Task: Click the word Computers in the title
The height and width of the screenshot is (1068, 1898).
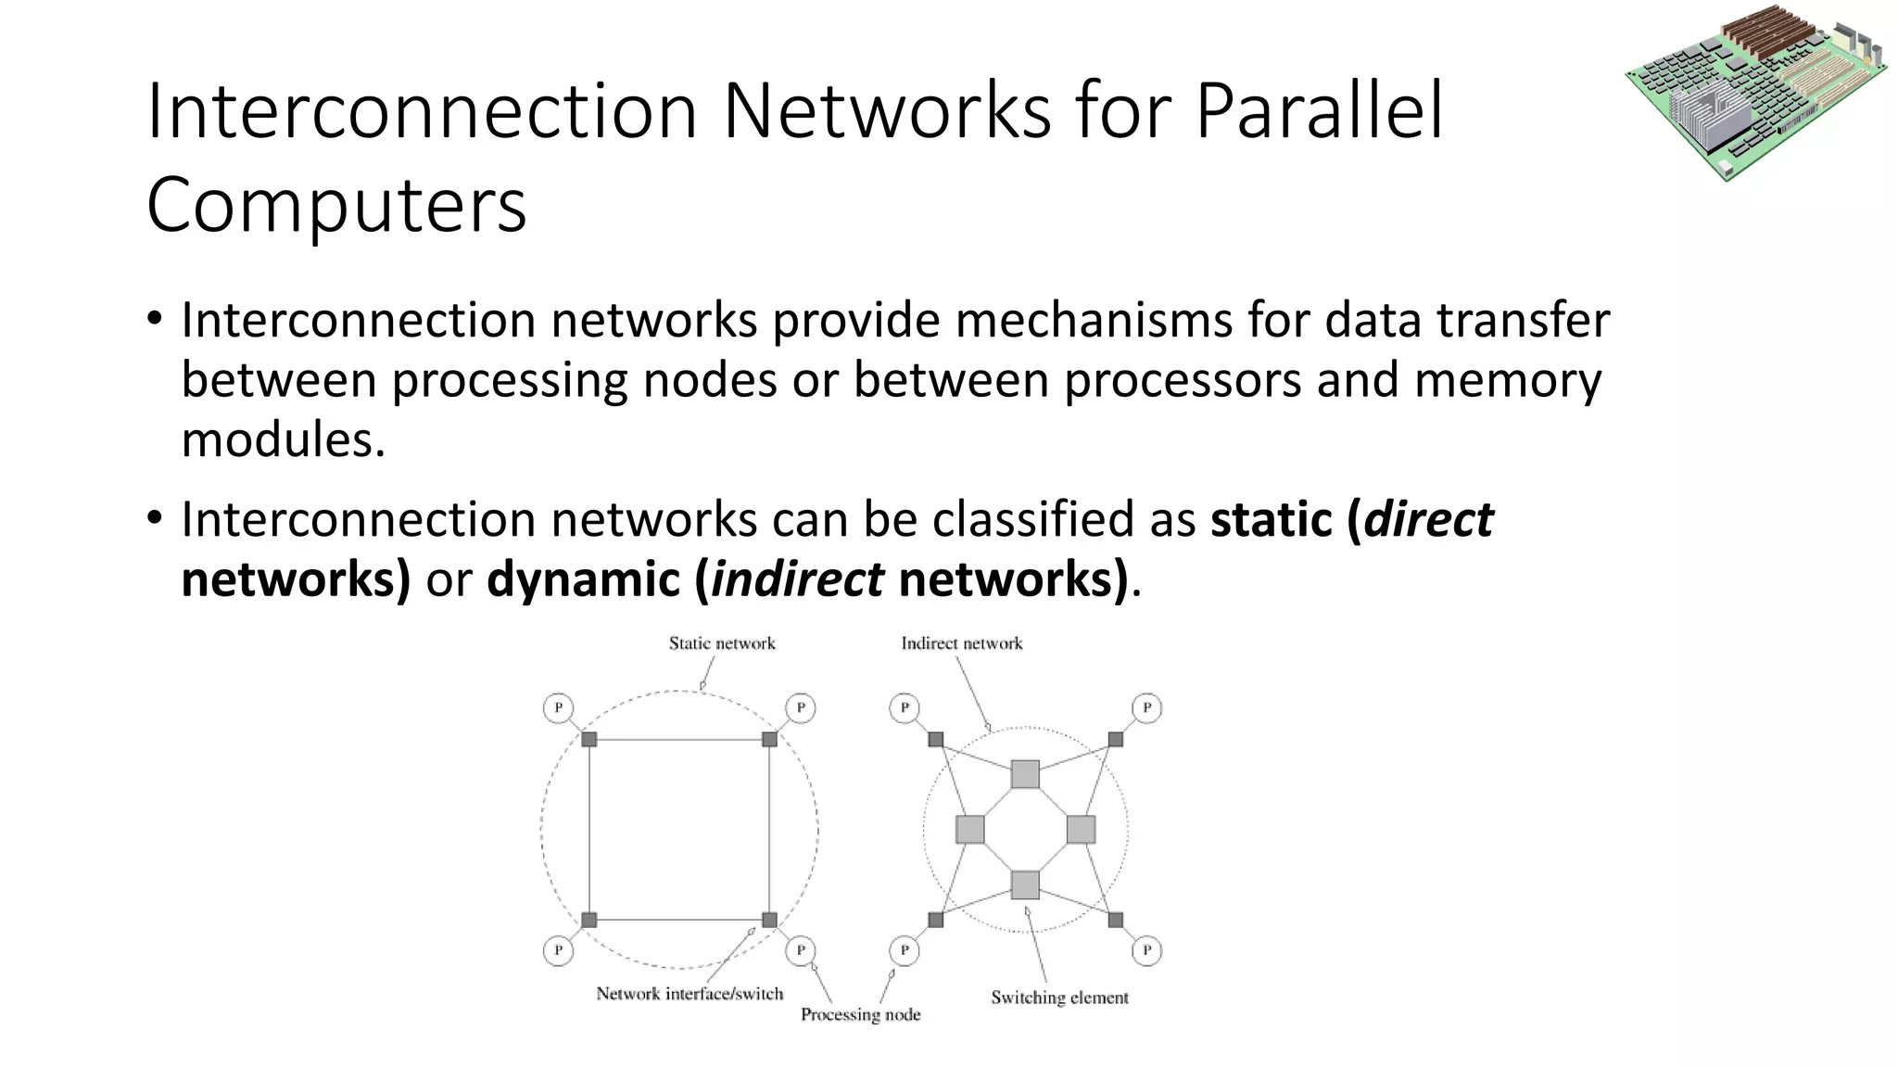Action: (335, 206)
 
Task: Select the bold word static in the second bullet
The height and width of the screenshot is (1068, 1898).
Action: (1272, 519)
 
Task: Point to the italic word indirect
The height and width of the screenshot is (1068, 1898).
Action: (797, 579)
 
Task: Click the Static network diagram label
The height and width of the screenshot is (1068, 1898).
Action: (722, 643)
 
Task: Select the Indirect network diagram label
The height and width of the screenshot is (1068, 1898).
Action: (961, 643)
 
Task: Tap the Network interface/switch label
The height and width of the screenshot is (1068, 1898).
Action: (690, 994)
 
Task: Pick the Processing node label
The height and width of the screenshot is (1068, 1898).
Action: (860, 1014)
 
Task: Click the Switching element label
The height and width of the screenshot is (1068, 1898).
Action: (1059, 998)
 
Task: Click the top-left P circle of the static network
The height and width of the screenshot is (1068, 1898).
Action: (558, 708)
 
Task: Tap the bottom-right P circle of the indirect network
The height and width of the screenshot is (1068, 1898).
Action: (1146, 950)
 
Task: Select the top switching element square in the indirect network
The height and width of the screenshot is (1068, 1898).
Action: (1025, 774)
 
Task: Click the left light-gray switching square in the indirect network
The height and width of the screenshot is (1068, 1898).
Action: (969, 829)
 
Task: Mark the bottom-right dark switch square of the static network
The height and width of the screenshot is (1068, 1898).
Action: (769, 920)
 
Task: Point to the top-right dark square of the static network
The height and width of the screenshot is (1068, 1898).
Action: (769, 739)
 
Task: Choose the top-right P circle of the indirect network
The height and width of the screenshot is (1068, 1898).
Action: (1146, 708)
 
